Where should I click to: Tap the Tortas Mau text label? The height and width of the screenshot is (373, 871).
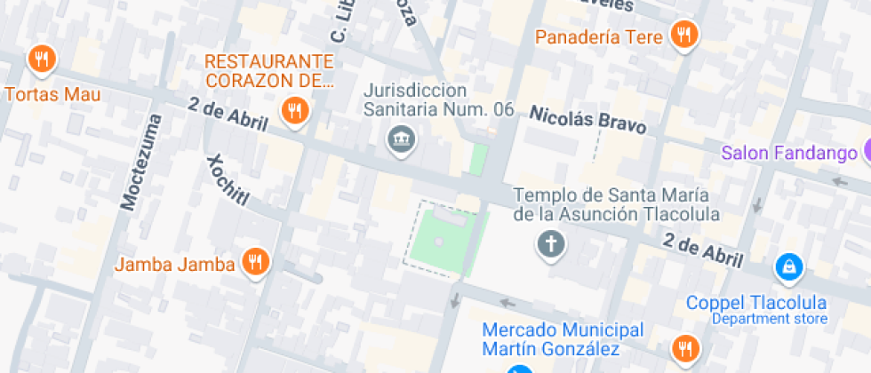52,94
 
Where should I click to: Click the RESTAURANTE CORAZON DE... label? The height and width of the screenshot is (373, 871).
269,71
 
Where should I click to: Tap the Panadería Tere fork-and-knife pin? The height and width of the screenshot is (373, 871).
683,36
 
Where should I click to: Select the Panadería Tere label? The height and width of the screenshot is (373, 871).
599,37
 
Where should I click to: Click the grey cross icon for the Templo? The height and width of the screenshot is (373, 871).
551,243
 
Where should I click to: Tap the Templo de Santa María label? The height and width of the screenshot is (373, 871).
616,204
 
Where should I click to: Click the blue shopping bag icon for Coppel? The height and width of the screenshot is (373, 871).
788,266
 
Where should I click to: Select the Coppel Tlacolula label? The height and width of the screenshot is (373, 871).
756,303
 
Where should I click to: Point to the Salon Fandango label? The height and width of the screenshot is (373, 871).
788,153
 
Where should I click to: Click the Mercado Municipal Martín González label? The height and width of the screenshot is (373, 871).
563,338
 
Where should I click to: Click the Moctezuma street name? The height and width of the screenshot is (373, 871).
142,163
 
